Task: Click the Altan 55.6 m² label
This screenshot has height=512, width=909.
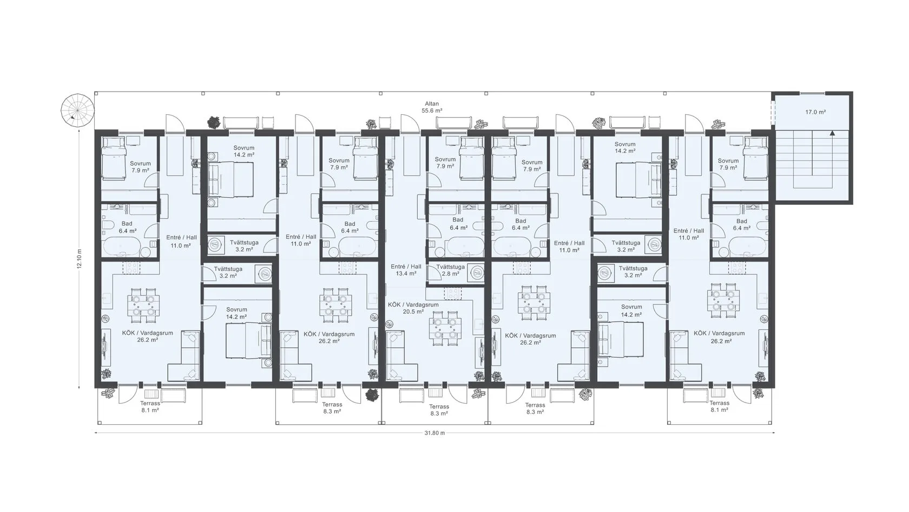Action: [x=432, y=107]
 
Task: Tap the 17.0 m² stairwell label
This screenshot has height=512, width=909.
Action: [x=816, y=112]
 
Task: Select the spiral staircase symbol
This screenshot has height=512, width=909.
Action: [x=77, y=111]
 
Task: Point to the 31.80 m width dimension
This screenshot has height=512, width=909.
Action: [x=434, y=433]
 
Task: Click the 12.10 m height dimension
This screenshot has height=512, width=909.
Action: [x=80, y=259]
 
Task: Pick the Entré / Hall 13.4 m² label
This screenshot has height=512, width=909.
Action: [x=406, y=270]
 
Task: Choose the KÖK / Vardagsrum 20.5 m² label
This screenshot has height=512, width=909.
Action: [x=413, y=308]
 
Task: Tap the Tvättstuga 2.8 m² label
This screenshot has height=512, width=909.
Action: [x=450, y=271]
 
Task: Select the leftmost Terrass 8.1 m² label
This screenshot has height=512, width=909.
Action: [x=150, y=407]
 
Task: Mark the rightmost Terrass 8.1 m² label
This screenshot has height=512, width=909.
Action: [x=719, y=407]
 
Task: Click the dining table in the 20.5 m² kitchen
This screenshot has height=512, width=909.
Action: [x=446, y=328]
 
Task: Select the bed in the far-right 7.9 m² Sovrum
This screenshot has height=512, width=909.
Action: [x=755, y=158]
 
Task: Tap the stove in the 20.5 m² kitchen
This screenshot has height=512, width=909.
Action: [x=452, y=294]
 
